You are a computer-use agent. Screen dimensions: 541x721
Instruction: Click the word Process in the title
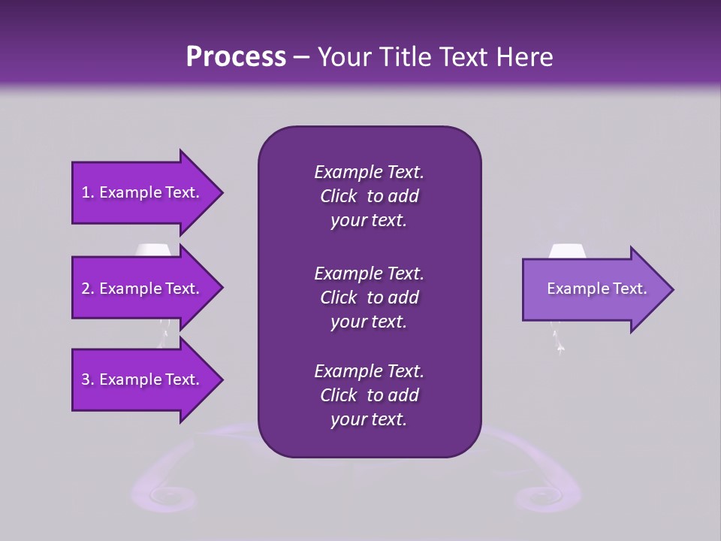pos(236,57)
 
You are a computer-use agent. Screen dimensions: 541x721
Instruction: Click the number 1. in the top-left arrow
pos(88,192)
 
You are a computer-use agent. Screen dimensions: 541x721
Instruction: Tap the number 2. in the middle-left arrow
pos(88,289)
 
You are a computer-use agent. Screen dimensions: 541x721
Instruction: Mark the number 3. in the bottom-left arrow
pos(88,379)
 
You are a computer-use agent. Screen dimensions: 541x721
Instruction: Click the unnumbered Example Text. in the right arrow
pos(596,289)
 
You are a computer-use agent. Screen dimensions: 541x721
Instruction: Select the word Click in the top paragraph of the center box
pos(339,196)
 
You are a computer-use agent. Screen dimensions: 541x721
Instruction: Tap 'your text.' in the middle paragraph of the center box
pos(369,322)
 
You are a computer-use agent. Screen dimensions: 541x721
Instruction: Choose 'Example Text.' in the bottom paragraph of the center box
pos(369,371)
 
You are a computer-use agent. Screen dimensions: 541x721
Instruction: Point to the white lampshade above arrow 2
pos(152,249)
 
